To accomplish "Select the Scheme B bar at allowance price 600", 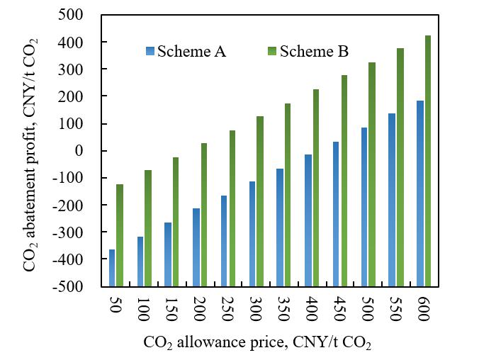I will (x=427, y=161).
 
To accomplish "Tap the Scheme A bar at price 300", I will (x=252, y=234).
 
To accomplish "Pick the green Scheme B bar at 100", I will (x=148, y=228).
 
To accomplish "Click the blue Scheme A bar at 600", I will (x=419, y=193).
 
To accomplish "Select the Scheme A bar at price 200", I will (x=196, y=247).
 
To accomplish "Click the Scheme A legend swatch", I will (x=150, y=51).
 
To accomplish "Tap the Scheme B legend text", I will (x=314, y=51).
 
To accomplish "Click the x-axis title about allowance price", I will (x=257, y=343).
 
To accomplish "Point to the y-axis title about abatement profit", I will (x=30, y=150).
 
